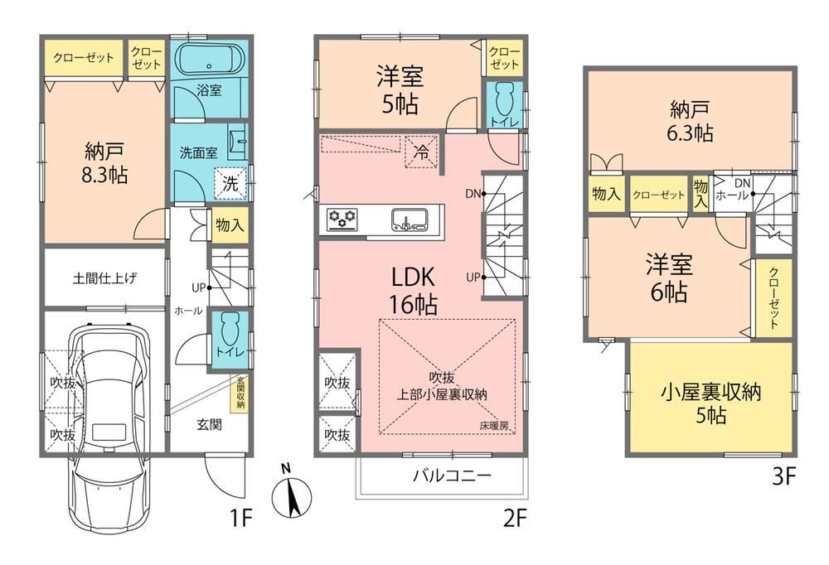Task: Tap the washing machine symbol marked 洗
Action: [230, 183]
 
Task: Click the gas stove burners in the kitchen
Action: [342, 219]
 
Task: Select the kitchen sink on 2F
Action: [410, 220]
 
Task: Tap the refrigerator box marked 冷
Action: [421, 152]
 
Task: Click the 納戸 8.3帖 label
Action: [104, 162]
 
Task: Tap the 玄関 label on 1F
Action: [209, 425]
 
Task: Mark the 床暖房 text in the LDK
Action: [492, 426]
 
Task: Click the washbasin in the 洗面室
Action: [239, 146]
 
